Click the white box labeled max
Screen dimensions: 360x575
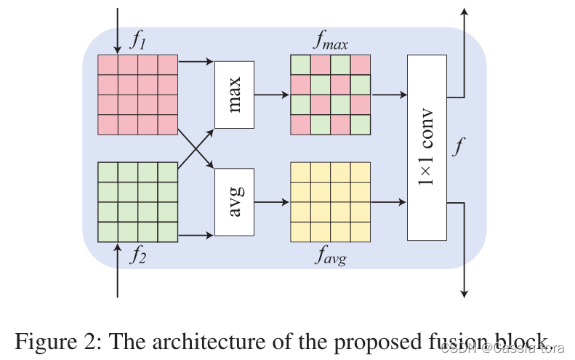click(233, 95)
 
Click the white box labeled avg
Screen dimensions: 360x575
click(233, 201)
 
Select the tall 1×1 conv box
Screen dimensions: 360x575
click(426, 148)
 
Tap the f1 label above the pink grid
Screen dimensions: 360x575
click(137, 41)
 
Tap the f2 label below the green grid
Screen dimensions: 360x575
click(137, 255)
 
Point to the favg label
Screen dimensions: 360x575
click(329, 255)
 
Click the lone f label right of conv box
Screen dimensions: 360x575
click(457, 148)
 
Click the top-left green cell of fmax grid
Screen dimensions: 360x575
click(300, 65)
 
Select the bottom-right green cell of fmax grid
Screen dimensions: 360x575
click(360, 125)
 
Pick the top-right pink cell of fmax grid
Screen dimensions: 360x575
click(360, 65)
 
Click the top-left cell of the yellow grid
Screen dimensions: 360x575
click(300, 172)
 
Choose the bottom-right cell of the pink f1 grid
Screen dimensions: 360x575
click(168, 125)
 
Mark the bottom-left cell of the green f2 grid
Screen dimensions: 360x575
click(108, 232)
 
